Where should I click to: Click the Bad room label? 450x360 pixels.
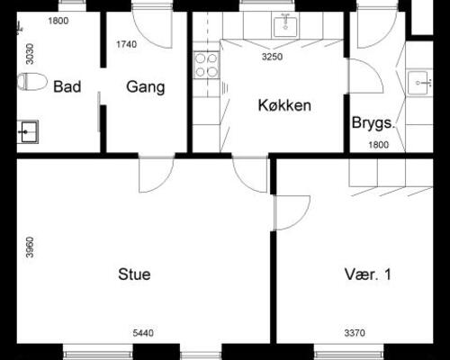[x=67, y=86]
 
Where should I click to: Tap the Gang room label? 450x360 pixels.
[x=146, y=87]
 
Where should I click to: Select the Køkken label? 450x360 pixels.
[x=284, y=105]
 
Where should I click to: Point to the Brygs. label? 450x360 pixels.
[x=373, y=122]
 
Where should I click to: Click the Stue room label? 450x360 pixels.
[x=134, y=274]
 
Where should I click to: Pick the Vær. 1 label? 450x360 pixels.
[x=368, y=274]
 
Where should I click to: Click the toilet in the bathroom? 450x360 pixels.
[x=32, y=81]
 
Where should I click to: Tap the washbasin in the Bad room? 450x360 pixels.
[x=28, y=131]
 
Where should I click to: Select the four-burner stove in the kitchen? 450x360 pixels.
[x=206, y=65]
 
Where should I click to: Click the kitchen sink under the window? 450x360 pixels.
[x=285, y=26]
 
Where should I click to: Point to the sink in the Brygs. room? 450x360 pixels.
[x=419, y=83]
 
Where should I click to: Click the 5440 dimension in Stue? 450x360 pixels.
[x=143, y=333]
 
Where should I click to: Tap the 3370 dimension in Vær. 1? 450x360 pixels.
[x=355, y=333]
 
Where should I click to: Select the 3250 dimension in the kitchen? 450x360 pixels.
[x=272, y=57]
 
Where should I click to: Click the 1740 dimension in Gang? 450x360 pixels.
[x=127, y=44]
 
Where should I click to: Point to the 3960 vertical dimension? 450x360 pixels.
[x=30, y=247]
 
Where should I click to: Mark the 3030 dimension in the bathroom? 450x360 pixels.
[x=30, y=54]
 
